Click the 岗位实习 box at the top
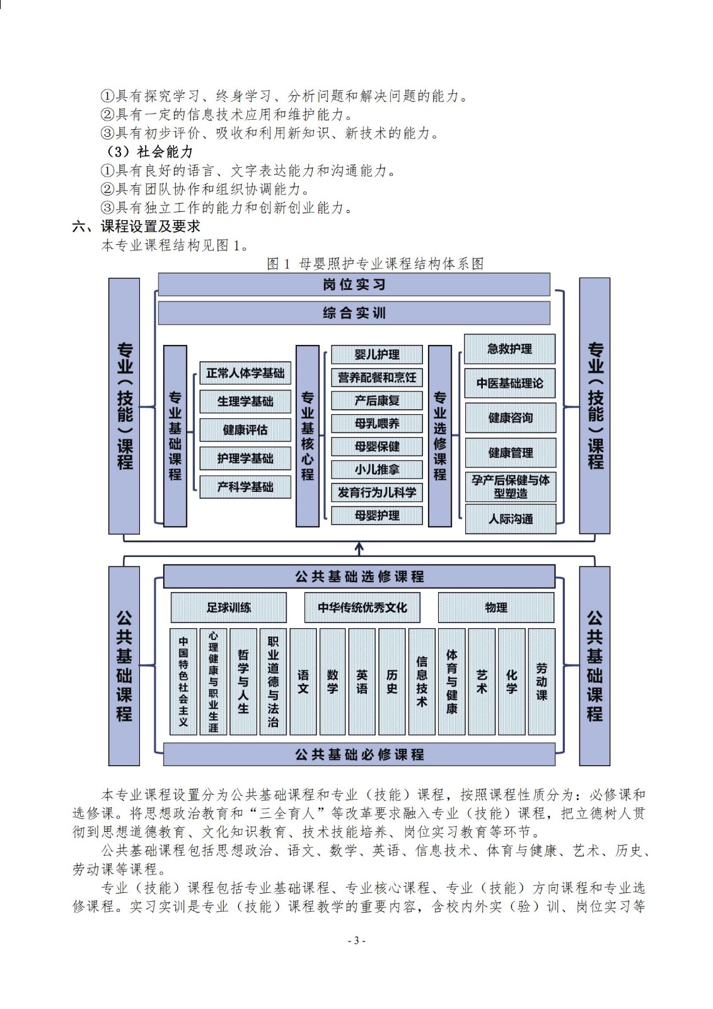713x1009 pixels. tap(354, 284)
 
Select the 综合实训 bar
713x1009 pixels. tap(354, 313)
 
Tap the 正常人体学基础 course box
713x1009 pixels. tap(245, 373)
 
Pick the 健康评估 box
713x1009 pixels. tap(245, 430)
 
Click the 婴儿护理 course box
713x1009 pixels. tap(376, 354)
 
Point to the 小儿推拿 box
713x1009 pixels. tap(376, 469)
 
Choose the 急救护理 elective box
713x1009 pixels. tap(510, 349)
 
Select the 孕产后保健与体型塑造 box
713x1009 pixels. tap(510, 487)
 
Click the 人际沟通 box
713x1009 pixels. tap(510, 519)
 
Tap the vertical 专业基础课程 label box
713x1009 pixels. tap(175, 436)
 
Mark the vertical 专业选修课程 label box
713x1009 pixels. tap(439, 436)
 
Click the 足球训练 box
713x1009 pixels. tap(228, 608)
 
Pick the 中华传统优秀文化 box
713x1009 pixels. tap(362, 608)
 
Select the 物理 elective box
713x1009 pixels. tap(496, 608)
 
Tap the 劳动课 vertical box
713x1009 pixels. tap(542, 682)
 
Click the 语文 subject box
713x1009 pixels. tap(303, 682)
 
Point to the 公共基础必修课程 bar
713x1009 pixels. tap(359, 754)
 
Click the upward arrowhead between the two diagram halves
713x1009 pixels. tap(359, 546)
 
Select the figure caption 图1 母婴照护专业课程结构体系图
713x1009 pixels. tap(375, 264)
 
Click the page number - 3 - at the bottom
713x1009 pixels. tap(356, 940)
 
